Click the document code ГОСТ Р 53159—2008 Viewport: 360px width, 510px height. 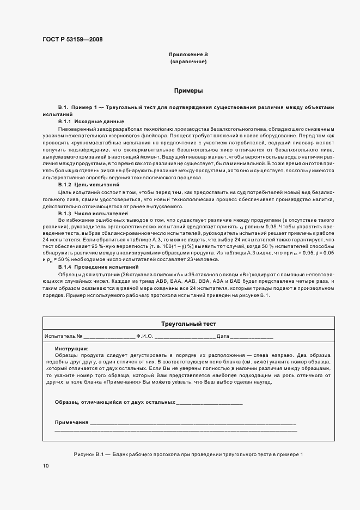pos(72,39)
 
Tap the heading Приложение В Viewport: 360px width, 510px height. pos(188,55)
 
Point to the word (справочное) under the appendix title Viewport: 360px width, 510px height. pos(188,62)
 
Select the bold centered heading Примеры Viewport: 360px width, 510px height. pos(188,90)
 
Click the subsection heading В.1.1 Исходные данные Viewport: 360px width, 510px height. pos(91,121)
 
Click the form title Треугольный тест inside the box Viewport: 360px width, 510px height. pos(188,324)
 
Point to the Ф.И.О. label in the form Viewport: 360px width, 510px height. pos(146,337)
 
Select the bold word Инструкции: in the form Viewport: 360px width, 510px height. pos(71,348)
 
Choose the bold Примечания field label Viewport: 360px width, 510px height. pos(71,422)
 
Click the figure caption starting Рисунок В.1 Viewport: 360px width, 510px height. pos(187,454)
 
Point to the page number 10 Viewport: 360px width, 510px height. pos(45,466)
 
